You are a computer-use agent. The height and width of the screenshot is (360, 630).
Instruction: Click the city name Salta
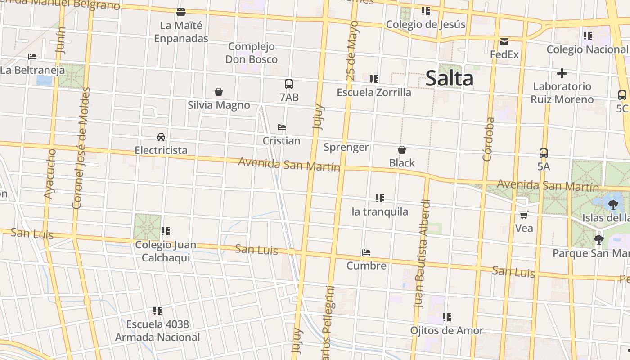(449, 78)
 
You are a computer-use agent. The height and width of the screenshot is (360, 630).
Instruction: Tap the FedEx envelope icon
(504, 42)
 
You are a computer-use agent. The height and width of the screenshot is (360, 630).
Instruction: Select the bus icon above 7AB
(289, 84)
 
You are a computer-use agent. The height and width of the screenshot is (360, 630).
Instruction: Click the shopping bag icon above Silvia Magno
(219, 92)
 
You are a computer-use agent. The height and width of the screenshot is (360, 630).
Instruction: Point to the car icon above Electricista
(161, 137)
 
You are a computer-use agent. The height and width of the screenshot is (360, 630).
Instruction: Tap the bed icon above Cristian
(282, 127)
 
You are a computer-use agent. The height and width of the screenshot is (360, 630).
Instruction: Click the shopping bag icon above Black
(402, 150)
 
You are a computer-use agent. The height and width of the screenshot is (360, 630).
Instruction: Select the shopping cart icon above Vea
(524, 215)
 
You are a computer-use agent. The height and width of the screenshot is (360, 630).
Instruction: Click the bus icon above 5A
(544, 153)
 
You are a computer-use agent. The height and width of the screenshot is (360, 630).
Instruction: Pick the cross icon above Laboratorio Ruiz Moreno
(562, 73)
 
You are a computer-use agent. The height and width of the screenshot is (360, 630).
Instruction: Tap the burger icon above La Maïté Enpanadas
(181, 12)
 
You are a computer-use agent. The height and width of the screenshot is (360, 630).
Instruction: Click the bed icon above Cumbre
(366, 252)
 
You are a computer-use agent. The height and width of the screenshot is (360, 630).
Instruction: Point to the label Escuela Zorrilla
(374, 92)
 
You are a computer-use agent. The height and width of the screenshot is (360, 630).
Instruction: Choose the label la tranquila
(380, 211)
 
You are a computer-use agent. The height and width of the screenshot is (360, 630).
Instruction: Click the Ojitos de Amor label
(447, 331)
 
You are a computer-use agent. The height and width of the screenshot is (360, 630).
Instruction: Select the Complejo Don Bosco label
(252, 53)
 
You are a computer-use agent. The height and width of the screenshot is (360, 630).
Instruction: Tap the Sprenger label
(346, 147)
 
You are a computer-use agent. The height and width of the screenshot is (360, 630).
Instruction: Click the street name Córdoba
(489, 139)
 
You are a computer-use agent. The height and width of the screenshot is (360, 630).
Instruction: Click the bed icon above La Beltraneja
(32, 57)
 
